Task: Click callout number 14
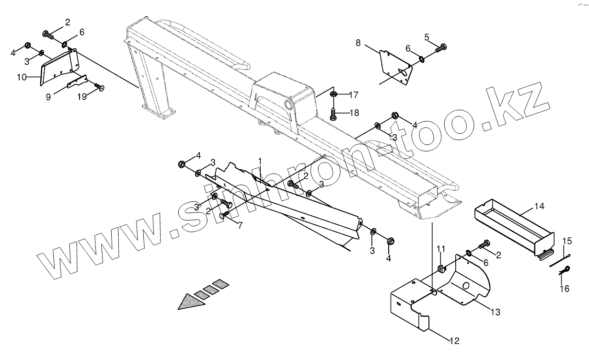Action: [540, 207]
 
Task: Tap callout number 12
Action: [454, 341]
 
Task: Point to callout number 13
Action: [495, 312]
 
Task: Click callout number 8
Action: [358, 43]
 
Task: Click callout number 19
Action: [82, 96]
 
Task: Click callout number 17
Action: [353, 95]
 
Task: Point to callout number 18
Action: [353, 113]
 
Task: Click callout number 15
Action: [567, 240]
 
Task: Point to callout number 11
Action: [441, 248]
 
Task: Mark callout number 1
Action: [260, 161]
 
